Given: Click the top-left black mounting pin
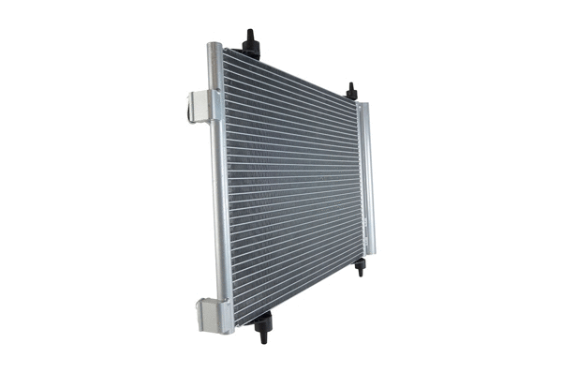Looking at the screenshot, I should click(x=251, y=42).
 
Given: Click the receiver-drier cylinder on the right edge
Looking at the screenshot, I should click(x=367, y=178).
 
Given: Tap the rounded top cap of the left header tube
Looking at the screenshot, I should click(x=215, y=47).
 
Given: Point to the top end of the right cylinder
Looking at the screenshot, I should click(x=363, y=105).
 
